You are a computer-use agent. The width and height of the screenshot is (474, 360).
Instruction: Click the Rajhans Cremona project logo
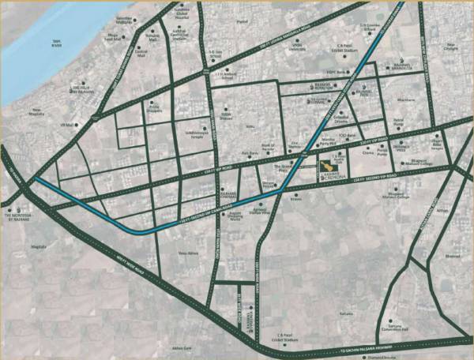tap(337, 168)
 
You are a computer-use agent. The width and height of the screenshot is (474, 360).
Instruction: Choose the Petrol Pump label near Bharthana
tap(399, 122)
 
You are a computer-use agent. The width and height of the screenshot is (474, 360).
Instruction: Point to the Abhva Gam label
tap(182, 348)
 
